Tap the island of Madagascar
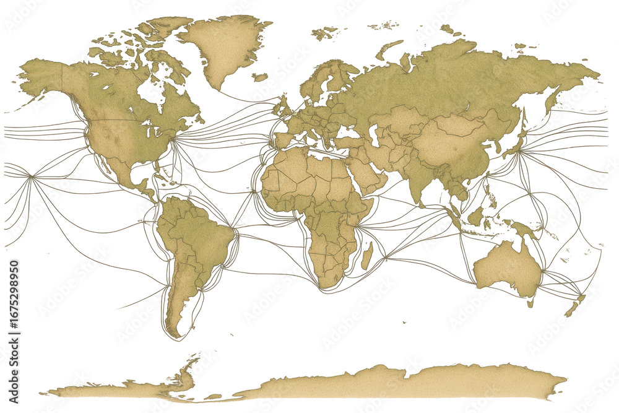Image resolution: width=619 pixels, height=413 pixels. click(367, 255)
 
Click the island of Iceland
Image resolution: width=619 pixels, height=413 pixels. click(260, 77)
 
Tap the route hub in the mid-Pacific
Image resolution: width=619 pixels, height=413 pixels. click(31, 178)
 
